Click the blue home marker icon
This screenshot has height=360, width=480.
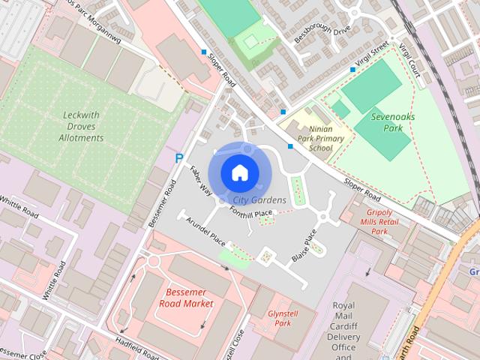(239, 172)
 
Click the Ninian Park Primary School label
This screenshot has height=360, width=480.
(320, 138)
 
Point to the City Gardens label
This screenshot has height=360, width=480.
(259, 200)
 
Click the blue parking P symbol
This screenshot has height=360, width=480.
(178, 159)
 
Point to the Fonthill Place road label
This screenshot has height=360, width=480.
(250, 214)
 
